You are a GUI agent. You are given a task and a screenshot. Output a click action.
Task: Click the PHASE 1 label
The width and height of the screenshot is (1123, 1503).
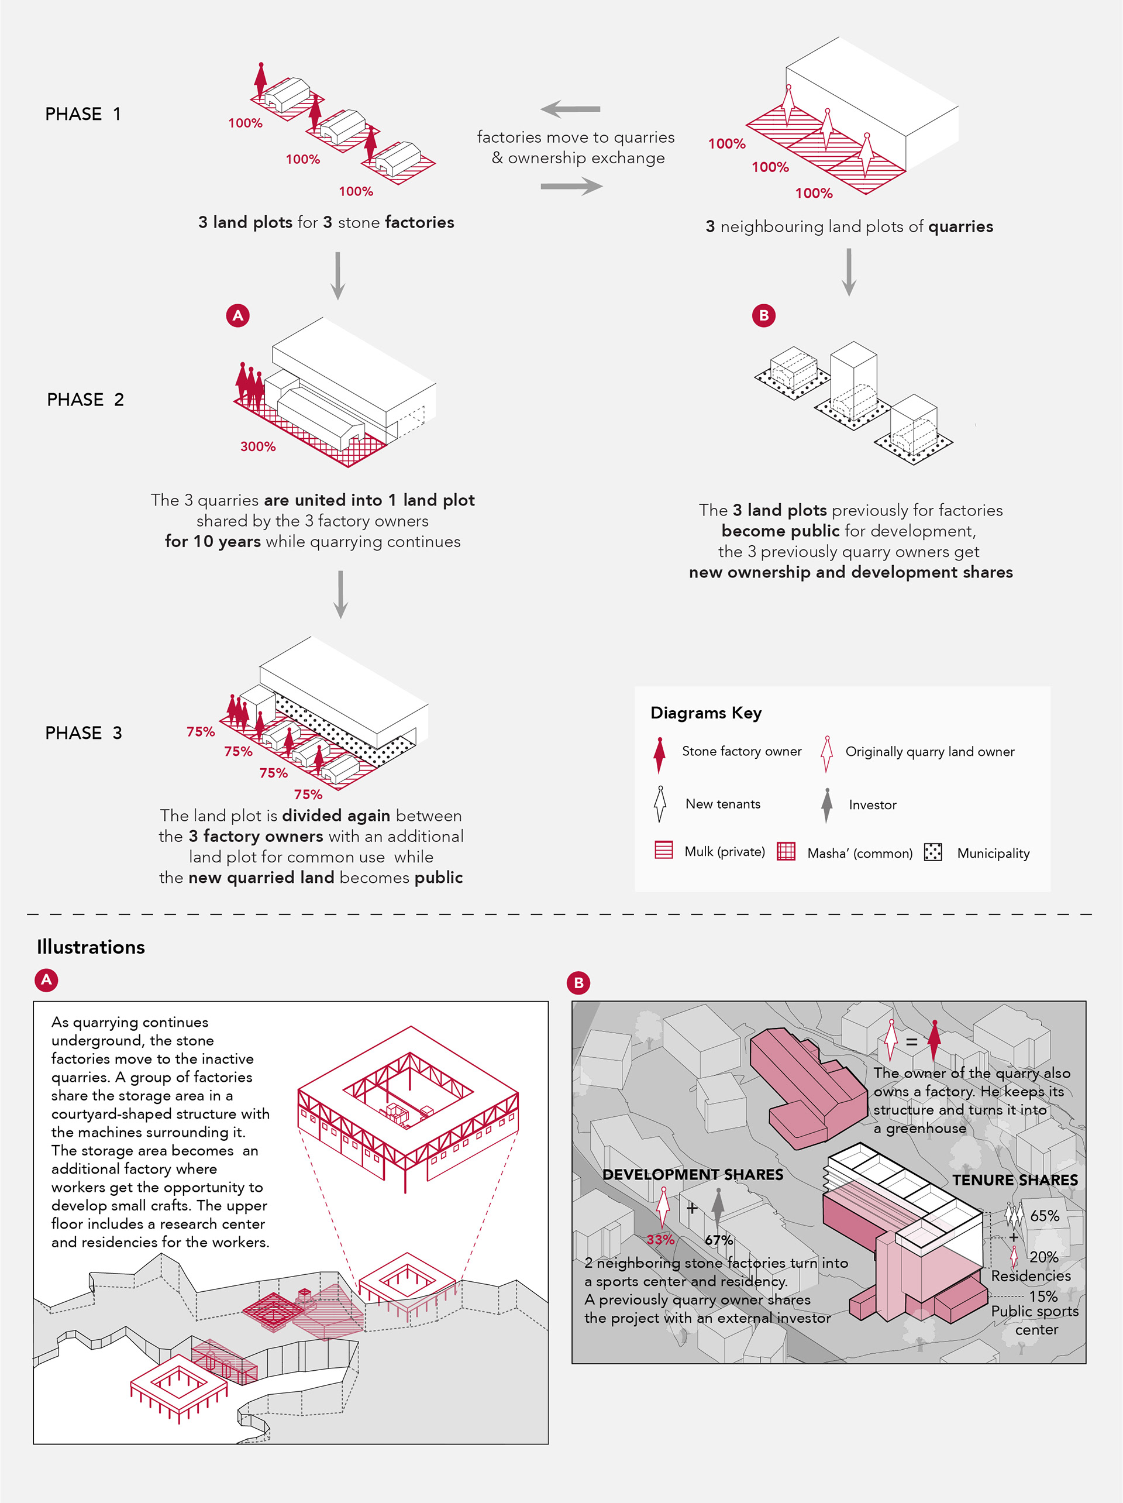pyautogui.click(x=83, y=114)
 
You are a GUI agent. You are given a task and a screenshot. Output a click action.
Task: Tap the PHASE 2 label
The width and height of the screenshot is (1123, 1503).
pyautogui.click(x=85, y=400)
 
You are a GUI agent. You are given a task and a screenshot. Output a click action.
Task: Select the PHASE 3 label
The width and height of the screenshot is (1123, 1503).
pyautogui.click(x=83, y=732)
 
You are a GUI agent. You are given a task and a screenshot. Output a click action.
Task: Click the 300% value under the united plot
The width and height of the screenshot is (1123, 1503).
pyautogui.click(x=257, y=446)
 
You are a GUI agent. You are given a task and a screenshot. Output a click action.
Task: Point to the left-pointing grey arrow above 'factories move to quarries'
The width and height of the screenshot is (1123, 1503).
pyautogui.click(x=570, y=109)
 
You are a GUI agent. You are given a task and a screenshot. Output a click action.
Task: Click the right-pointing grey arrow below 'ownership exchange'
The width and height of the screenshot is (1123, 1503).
pyautogui.click(x=571, y=186)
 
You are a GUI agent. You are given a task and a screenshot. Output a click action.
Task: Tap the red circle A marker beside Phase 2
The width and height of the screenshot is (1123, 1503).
pyautogui.click(x=238, y=315)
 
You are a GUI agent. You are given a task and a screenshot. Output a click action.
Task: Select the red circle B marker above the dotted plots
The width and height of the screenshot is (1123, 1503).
pyautogui.click(x=764, y=315)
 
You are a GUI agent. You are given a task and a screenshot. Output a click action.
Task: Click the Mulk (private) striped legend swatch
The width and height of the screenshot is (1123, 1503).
pyautogui.click(x=663, y=850)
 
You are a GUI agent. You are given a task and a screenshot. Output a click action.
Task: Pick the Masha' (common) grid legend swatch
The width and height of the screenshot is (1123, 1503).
pyautogui.click(x=786, y=851)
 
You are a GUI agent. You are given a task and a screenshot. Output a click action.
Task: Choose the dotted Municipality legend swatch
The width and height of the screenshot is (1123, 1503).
pyautogui.click(x=933, y=851)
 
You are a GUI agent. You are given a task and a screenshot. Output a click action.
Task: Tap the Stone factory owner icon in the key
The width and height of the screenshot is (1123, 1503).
pyautogui.click(x=659, y=754)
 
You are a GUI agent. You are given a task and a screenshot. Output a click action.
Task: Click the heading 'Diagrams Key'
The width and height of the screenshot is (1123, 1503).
pyautogui.click(x=706, y=713)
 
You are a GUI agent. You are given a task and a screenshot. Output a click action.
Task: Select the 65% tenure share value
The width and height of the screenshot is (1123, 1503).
pyautogui.click(x=1044, y=1216)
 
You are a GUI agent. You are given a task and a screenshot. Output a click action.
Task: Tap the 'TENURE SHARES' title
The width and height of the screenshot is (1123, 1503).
pyautogui.click(x=1015, y=1179)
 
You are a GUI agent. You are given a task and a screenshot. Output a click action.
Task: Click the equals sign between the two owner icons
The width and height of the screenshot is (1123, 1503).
pyautogui.click(x=912, y=1041)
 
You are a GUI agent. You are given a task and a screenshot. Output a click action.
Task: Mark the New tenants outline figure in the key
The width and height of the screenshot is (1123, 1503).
pyautogui.click(x=659, y=804)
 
